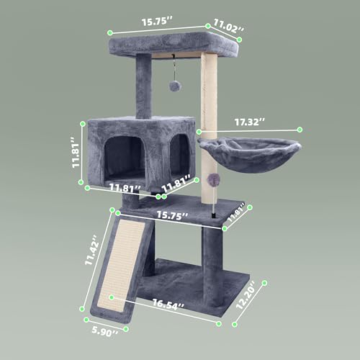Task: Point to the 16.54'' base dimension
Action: (174, 306)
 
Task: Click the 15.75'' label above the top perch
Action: (153, 22)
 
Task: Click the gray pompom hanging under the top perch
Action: (175, 86)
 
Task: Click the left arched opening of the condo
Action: (123, 158)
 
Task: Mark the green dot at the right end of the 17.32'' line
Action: (300, 130)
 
